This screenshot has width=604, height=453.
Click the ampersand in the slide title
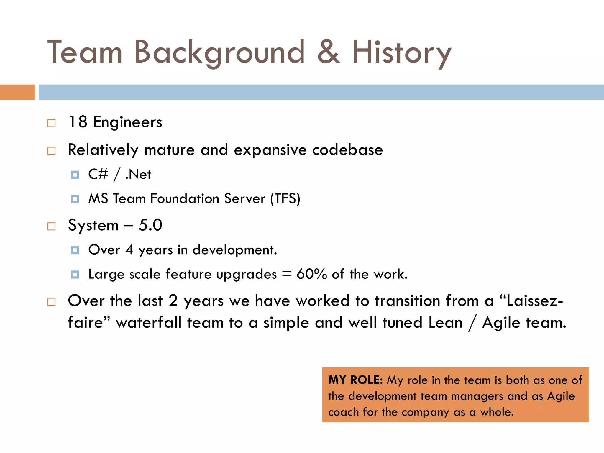click(x=329, y=52)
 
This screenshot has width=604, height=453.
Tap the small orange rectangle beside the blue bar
click(x=17, y=92)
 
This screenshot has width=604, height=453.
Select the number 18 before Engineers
click(x=78, y=122)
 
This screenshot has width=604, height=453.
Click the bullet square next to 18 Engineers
click(x=51, y=123)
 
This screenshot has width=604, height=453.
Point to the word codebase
click(x=347, y=150)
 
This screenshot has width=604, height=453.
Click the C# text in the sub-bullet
click(x=98, y=174)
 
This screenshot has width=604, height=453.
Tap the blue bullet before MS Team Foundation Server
click(x=75, y=199)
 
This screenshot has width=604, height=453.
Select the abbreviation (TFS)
click(x=285, y=199)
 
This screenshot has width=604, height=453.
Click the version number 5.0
click(x=150, y=225)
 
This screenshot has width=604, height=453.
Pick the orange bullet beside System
click(x=51, y=226)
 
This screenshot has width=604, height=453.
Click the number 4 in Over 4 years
click(x=129, y=250)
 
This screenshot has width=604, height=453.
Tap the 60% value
click(x=312, y=274)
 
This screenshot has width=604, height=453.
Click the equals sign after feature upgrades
click(x=286, y=274)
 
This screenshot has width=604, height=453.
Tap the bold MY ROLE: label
click(x=355, y=380)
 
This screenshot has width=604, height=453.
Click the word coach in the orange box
click(x=343, y=412)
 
